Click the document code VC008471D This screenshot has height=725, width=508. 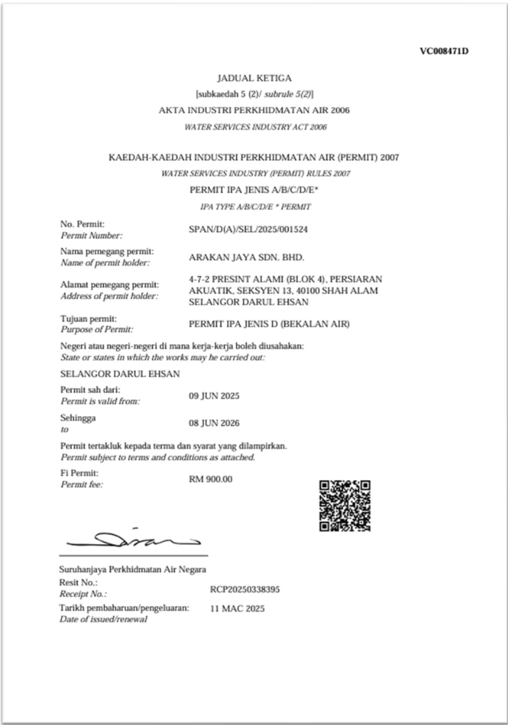point(444,51)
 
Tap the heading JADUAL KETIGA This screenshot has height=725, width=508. point(254,78)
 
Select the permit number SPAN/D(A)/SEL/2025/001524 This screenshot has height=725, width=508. point(248,229)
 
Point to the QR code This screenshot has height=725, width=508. point(344,506)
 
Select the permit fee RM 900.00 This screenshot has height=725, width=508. point(211,479)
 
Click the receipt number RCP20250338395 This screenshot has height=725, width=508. point(245,589)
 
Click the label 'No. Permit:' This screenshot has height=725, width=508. point(83,224)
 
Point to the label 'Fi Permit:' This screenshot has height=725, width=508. point(80,474)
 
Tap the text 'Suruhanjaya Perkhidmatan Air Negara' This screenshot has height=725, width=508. point(133,570)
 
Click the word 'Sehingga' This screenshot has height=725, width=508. point(78,418)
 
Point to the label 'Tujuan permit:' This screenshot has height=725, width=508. point(89,318)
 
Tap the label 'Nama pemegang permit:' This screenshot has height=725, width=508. point(107,251)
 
